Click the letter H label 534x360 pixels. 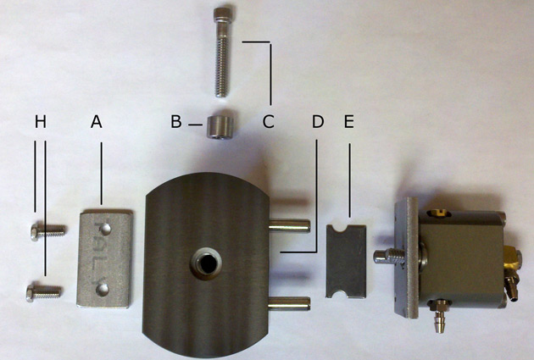click(40, 122)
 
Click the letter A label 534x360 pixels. click(97, 121)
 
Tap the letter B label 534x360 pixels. click(176, 121)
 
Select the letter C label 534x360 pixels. click(269, 121)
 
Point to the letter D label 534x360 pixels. click(318, 121)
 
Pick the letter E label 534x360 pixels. click(349, 121)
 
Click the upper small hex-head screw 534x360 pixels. click(47, 231)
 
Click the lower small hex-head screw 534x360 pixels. click(44, 292)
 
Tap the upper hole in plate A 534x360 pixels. click(106, 229)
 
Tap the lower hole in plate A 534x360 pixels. click(103, 290)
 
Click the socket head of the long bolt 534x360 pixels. click(223, 14)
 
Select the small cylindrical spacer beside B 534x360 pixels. click(220, 126)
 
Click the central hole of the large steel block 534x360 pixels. click(206, 263)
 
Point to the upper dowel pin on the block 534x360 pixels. click(289, 225)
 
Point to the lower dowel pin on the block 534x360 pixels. click(289, 303)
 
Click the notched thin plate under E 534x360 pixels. click(347, 261)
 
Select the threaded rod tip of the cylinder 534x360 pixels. click(389, 256)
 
